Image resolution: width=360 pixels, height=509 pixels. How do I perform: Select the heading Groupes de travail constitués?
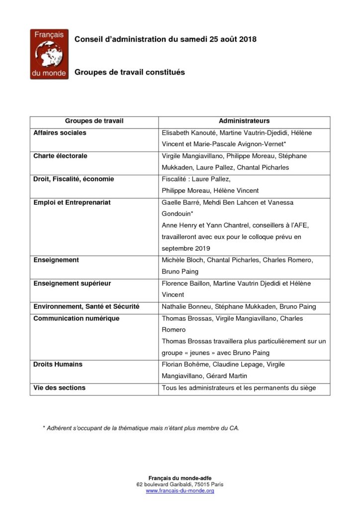[x=129, y=72]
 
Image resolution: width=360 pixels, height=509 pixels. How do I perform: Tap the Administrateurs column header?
[x=244, y=121]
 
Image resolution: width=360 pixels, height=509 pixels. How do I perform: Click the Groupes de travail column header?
[x=94, y=121]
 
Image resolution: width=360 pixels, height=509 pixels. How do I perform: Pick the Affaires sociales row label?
[x=60, y=133]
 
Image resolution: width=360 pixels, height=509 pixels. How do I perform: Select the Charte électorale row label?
[x=60, y=156]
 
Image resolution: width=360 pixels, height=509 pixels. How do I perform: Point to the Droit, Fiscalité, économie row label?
[x=74, y=179]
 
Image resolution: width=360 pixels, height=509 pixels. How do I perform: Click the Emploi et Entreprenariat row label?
[x=72, y=202]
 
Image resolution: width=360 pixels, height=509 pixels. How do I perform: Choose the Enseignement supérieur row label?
[x=72, y=283]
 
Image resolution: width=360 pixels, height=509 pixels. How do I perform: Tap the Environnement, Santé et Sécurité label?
[x=86, y=307]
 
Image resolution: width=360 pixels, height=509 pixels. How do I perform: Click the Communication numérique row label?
[x=76, y=318]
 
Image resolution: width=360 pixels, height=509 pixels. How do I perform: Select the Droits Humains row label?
[x=58, y=364]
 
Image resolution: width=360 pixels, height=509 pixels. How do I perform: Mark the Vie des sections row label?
[x=59, y=388]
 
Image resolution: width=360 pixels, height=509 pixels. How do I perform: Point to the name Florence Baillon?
[x=183, y=283]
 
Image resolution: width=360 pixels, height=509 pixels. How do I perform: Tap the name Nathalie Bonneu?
[x=183, y=307]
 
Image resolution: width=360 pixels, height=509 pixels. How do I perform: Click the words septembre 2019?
[x=185, y=249]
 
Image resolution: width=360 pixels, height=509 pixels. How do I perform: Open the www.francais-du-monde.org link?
[x=180, y=491]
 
